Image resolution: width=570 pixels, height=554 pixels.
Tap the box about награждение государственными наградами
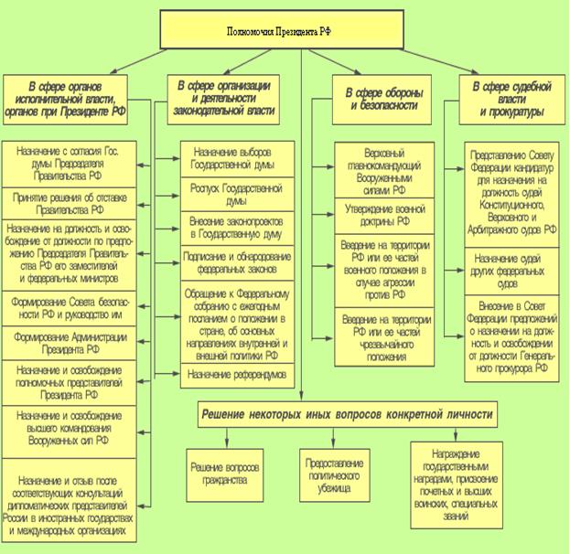point(456,485)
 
